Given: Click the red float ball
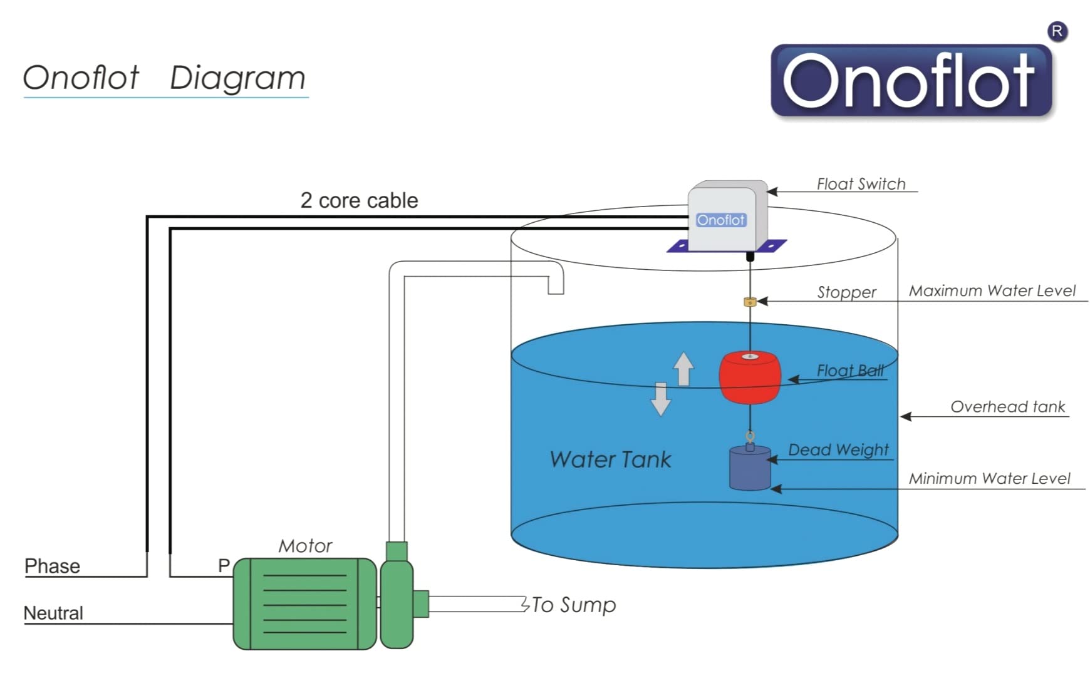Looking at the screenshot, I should tap(750, 377).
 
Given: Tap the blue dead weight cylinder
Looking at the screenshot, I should tap(750, 468).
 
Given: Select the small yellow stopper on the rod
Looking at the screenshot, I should tap(750, 302).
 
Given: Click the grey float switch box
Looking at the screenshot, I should tap(727, 217).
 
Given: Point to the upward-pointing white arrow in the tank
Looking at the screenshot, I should tap(683, 369).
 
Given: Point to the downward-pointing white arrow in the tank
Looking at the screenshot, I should tap(660, 399).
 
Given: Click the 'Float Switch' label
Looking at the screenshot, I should tap(861, 184).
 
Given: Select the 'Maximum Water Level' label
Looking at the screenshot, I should tap(992, 291).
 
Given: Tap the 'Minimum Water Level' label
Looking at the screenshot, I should tap(989, 479).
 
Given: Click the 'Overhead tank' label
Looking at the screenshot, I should tap(1007, 407).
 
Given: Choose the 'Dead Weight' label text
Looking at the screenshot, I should tap(838, 450).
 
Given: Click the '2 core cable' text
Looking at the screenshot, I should tap(359, 200).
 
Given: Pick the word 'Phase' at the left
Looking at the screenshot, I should tap(52, 566).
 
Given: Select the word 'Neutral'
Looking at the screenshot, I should tap(53, 613).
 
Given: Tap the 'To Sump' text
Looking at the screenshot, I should tap(574, 605).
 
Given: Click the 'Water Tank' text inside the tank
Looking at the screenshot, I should tap(610, 459).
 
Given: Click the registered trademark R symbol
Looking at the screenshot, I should tap(1057, 31).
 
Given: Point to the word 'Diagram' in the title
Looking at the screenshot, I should tap(237, 78).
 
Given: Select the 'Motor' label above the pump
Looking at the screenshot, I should tap(305, 546).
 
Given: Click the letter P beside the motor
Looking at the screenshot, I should tap(224, 566).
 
